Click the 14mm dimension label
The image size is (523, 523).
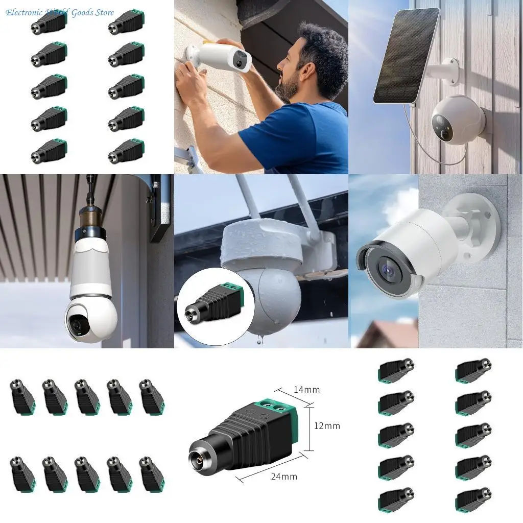[x=306, y=390]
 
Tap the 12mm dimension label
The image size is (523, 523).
[x=327, y=425]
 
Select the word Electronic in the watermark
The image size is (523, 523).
[x=24, y=12]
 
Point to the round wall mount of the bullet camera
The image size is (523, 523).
[x=475, y=220]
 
